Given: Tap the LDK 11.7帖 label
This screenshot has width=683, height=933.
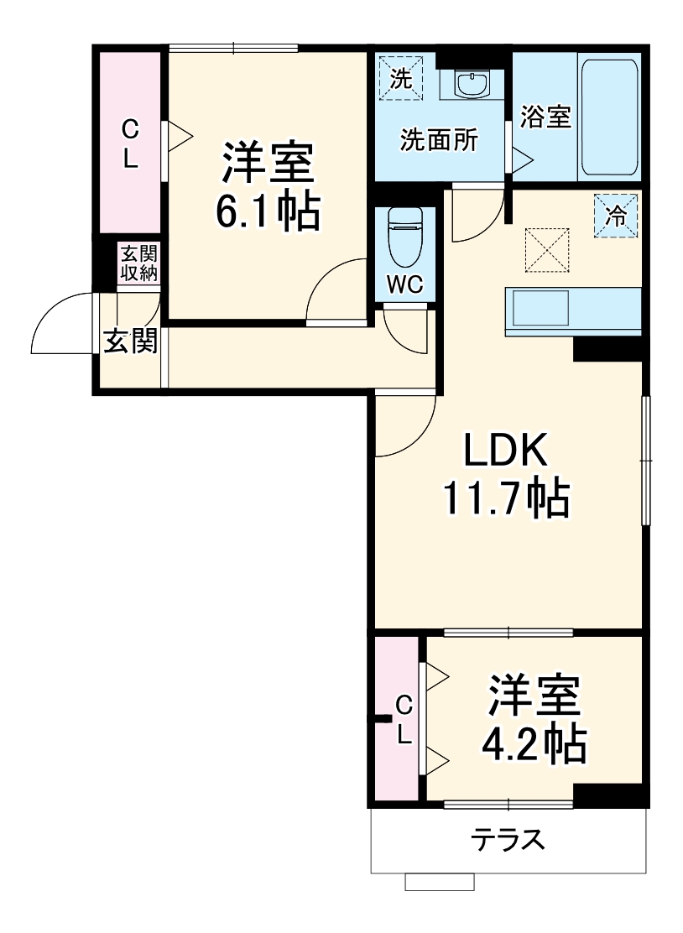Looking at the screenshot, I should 507,476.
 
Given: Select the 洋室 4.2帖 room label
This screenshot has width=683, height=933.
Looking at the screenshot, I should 534,719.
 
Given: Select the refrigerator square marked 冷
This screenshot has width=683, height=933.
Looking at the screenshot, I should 617,215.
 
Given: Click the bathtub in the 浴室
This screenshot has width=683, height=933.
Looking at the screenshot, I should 609,117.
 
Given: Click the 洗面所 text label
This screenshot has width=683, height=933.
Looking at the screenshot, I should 439,140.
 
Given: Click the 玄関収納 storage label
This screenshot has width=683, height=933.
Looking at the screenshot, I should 138,263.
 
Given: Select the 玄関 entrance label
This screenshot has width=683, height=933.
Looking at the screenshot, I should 130,341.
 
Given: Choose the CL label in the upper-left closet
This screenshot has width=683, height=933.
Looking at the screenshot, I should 130,143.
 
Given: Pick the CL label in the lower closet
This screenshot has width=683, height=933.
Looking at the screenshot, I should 404,720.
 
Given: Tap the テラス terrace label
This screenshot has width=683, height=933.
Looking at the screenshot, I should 508,840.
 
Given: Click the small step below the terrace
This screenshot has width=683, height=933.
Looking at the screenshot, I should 440,881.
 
